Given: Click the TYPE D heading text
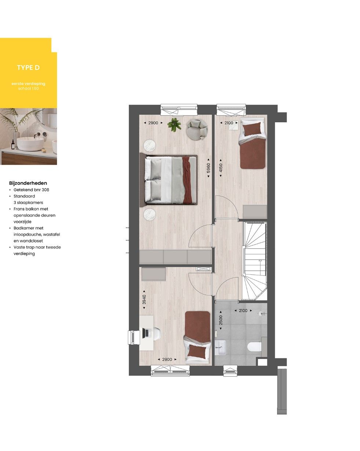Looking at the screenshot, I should tap(28, 68).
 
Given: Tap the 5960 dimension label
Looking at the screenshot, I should tap(208, 168).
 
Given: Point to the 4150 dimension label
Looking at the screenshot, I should tap(221, 168).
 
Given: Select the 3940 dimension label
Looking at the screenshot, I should tap(144, 300).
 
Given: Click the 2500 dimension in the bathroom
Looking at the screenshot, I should tap(221, 320).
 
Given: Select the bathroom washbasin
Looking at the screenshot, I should tap(221, 347).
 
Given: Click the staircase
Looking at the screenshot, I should tap(255, 262).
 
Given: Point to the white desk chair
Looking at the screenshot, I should tap(156, 333).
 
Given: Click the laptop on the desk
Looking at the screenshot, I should tap(147, 333).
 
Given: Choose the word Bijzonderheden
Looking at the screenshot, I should tap(28, 183).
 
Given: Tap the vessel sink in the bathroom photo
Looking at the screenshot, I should tap(30, 143).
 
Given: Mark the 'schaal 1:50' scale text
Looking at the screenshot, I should tap(28, 88).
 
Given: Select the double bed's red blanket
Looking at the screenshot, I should tap(187, 179).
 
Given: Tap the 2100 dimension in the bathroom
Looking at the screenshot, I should tap(243, 311).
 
